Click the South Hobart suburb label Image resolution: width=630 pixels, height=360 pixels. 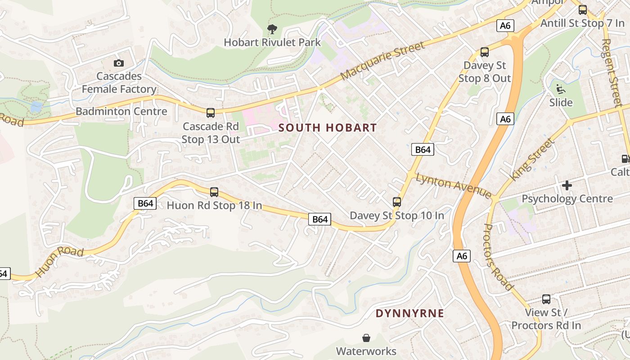point(327,128)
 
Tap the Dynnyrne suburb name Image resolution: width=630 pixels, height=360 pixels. point(409,313)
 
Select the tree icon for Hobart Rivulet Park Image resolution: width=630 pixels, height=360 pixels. point(272,30)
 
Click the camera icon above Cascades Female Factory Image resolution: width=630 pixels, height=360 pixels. point(119,63)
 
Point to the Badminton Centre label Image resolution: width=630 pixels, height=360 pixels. point(121,111)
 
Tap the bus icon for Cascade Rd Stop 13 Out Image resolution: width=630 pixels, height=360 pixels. point(211,113)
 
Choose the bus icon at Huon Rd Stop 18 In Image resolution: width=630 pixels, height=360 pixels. point(214,192)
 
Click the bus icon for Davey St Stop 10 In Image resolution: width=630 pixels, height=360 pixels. point(397,202)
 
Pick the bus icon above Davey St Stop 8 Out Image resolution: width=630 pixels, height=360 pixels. point(485,52)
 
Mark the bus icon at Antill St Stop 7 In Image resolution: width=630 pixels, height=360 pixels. point(583,9)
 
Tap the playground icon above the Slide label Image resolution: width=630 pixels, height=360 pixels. point(561,89)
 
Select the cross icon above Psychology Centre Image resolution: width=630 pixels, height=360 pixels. point(567,185)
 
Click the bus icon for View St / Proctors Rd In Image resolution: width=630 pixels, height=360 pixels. point(546,299)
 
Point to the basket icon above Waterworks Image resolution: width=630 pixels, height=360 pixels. point(366,337)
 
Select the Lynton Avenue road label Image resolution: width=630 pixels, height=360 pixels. point(454,185)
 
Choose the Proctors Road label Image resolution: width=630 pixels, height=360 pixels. point(498,257)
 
